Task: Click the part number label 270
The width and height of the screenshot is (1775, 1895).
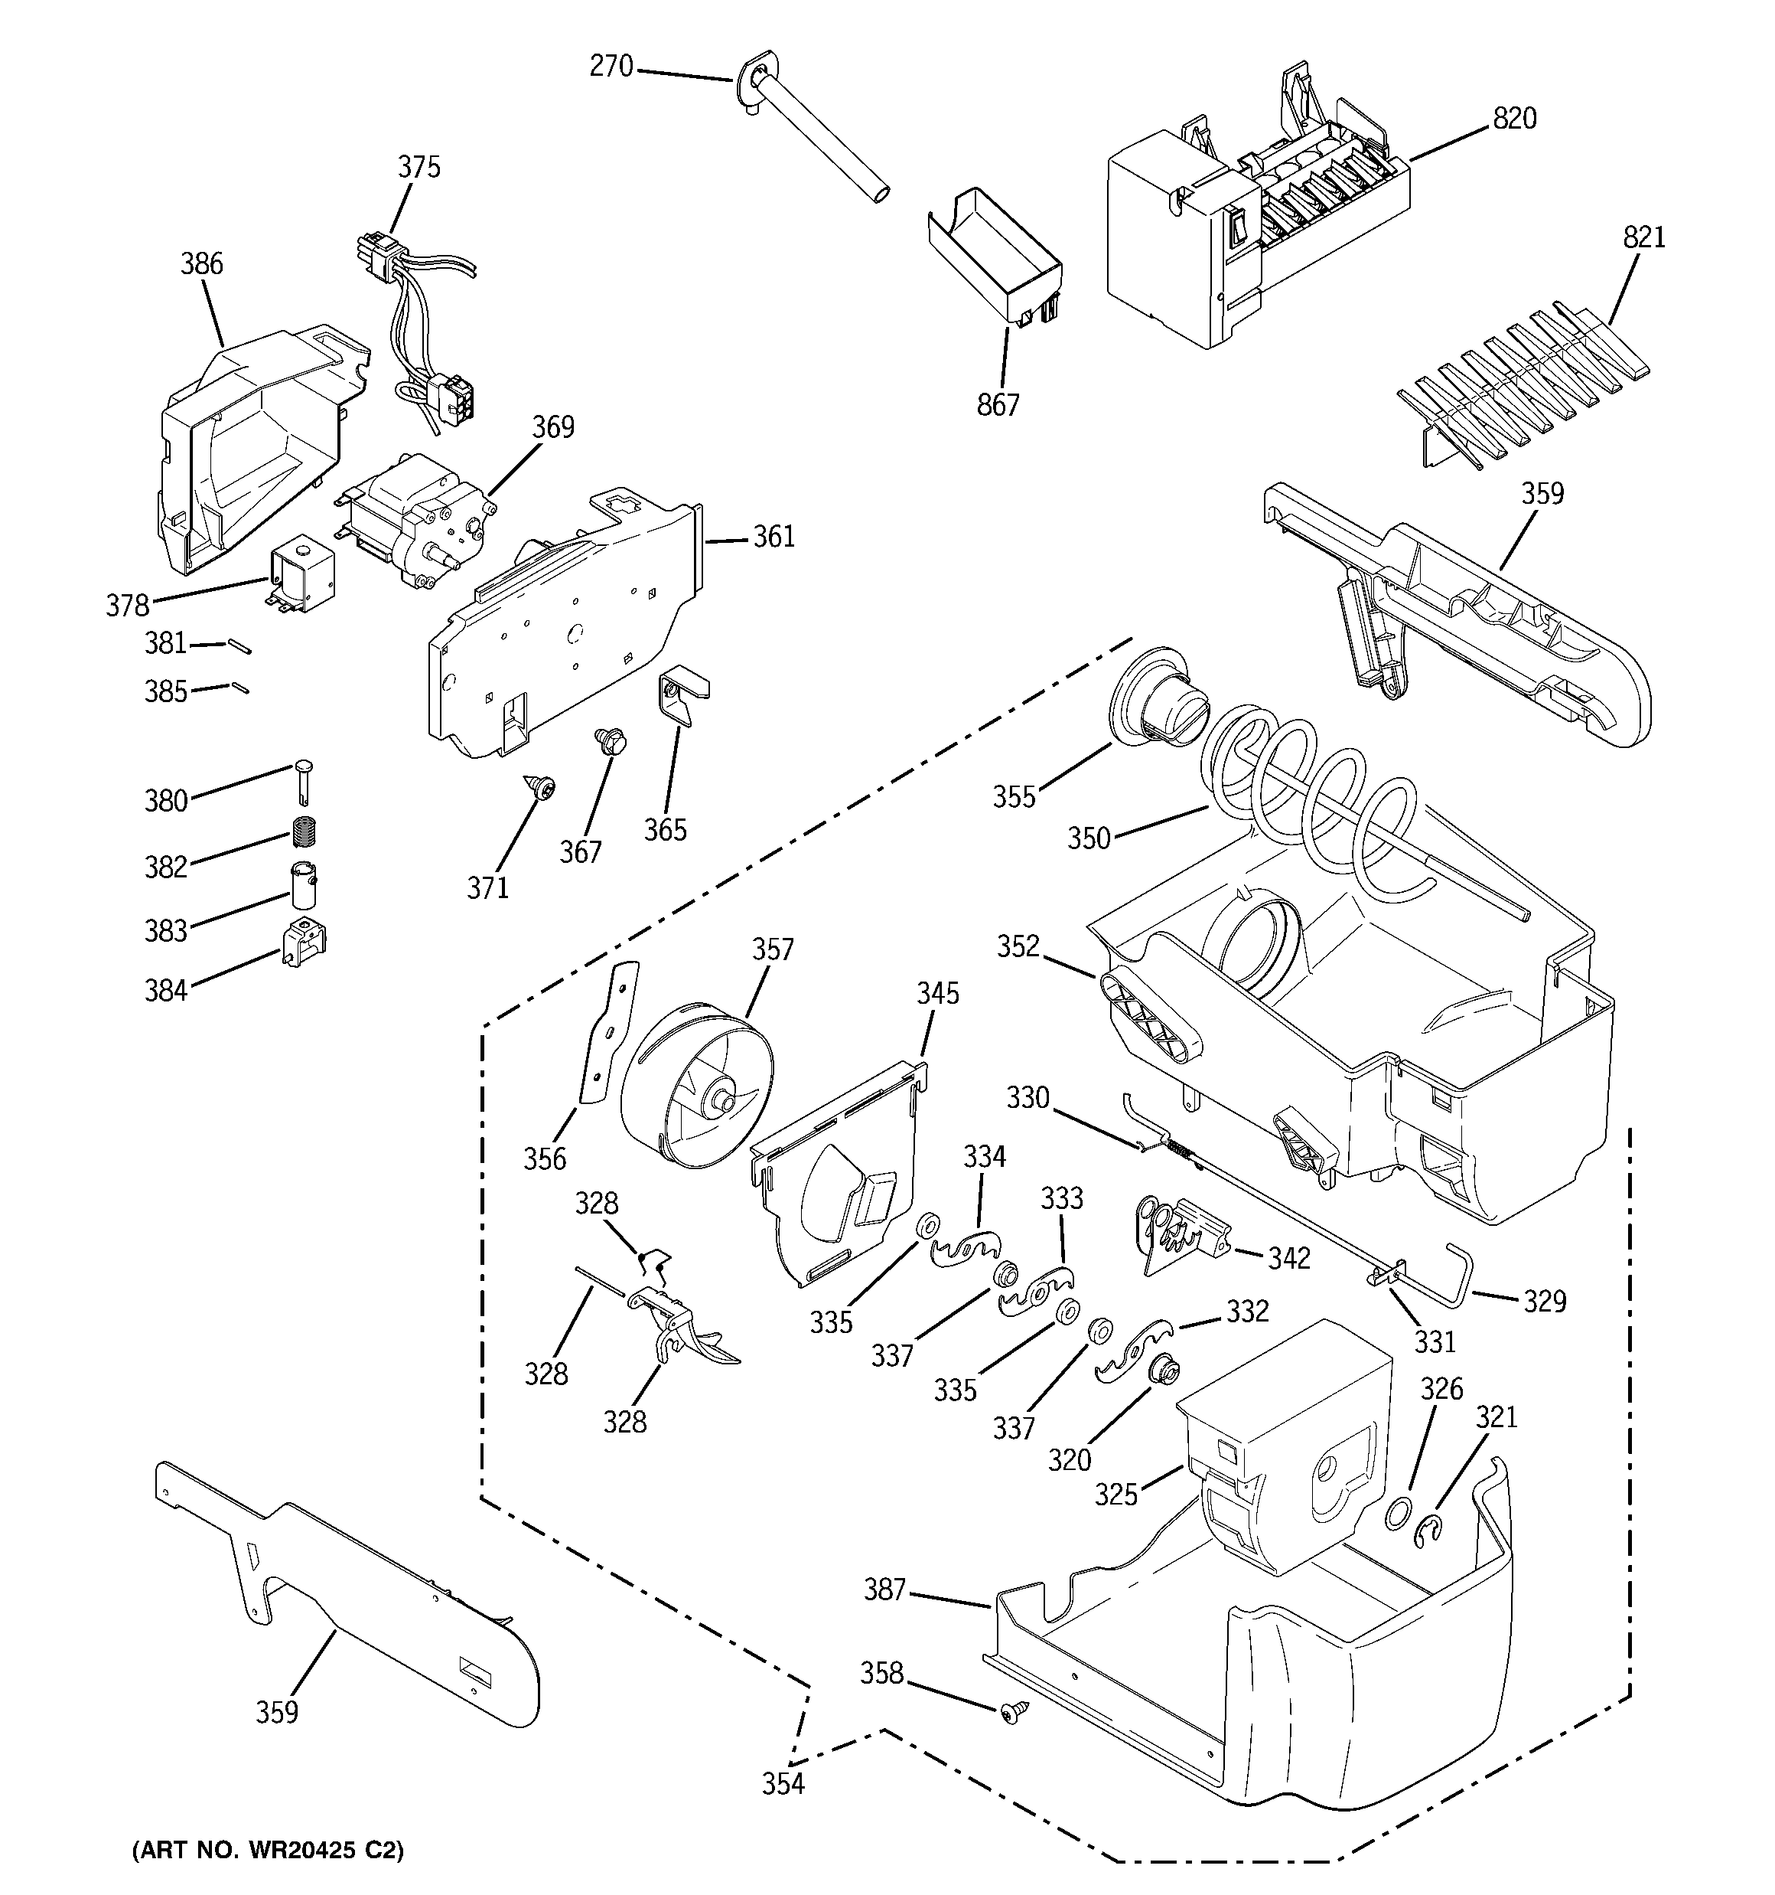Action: tap(611, 66)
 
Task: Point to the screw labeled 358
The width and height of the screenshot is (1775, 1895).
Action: tap(1015, 1713)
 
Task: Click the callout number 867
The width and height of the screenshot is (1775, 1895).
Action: tap(998, 405)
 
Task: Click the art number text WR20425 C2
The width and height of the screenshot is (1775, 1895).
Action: tap(267, 1850)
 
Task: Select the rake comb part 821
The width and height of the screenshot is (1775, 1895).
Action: tap(1524, 381)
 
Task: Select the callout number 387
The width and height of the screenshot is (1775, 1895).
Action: tap(884, 1590)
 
